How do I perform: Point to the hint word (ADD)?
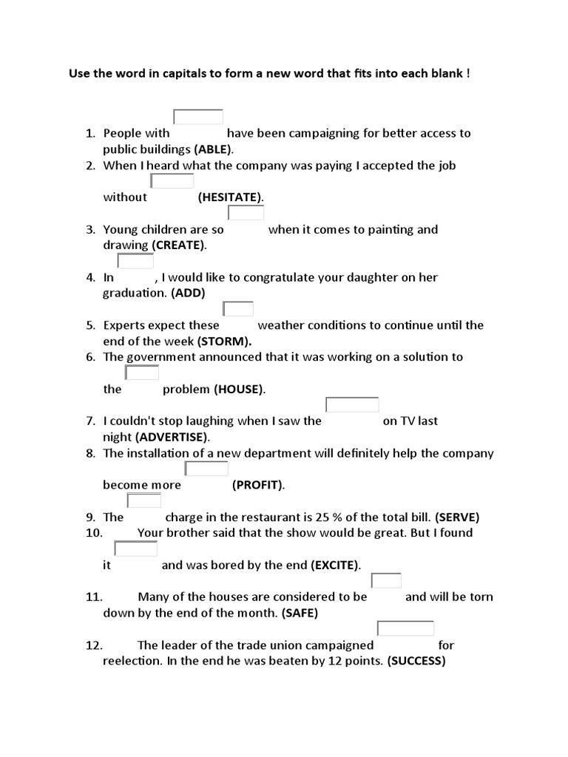pos(188,293)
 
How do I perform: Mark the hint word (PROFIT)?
pos(257,485)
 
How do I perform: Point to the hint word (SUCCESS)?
pos(416,661)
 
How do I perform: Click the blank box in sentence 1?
pos(198,117)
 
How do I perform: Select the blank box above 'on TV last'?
pos(352,404)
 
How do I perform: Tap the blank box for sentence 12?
pos(405,628)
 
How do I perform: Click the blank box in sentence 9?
pos(143,500)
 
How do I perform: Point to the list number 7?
pos(90,421)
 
